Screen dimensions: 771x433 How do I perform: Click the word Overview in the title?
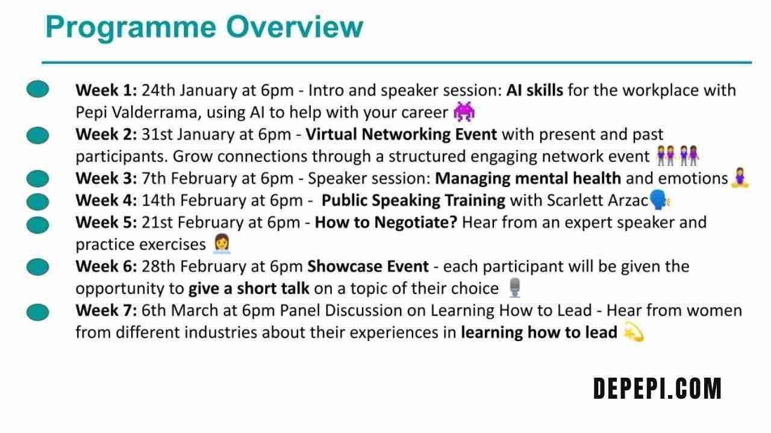(295, 27)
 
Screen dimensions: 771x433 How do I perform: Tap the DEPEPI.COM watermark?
(657, 388)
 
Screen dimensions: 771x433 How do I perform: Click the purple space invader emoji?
(464, 111)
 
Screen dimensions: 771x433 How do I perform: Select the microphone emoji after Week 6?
(514, 287)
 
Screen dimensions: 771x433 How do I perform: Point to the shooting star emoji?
(634, 331)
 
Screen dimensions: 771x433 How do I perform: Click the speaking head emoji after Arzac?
(660, 200)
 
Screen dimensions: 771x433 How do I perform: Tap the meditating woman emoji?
(740, 177)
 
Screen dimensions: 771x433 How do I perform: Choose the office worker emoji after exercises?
(222, 244)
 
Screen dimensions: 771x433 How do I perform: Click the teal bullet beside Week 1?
(37, 89)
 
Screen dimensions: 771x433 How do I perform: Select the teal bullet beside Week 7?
(37, 312)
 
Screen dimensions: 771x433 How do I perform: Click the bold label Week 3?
(107, 179)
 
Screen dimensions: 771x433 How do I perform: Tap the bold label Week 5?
(107, 223)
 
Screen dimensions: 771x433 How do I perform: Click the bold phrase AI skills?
(534, 90)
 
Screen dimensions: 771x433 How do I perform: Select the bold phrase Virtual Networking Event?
(401, 134)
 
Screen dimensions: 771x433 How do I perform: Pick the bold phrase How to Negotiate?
(386, 223)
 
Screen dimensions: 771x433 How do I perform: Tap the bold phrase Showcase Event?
(368, 266)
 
